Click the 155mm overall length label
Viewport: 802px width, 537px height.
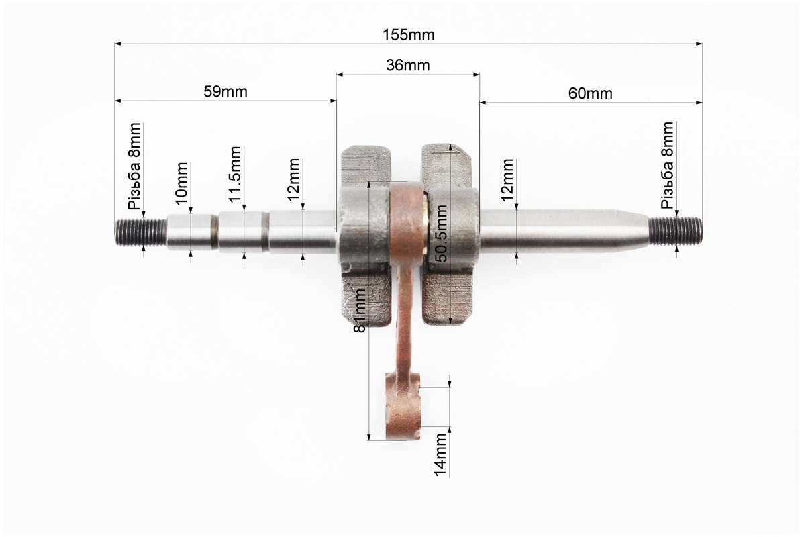click(408, 35)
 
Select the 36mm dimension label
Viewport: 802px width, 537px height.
click(407, 66)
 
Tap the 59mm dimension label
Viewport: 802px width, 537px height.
click(225, 91)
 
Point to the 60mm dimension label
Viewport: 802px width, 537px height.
click(590, 93)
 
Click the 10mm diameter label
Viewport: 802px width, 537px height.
click(182, 184)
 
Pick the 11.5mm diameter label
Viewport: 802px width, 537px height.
click(235, 175)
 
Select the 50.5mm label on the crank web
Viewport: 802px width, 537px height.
click(441, 234)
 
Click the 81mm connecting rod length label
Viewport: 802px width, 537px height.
click(360, 311)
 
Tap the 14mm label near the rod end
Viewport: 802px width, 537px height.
click(440, 455)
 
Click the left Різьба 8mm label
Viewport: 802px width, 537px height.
click(134, 166)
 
